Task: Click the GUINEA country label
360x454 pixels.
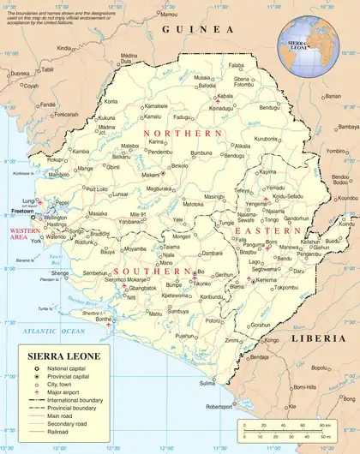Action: (193, 29)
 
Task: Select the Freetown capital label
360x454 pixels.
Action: (22, 210)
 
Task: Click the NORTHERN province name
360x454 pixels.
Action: (183, 134)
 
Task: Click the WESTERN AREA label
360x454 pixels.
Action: (23, 235)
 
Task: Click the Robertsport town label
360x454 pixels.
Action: (219, 406)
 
